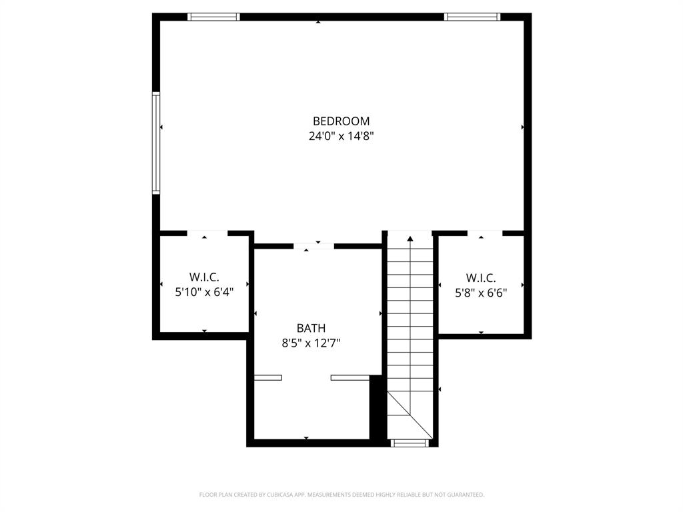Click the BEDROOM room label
point(341,121)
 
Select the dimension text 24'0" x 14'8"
point(341,137)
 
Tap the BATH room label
point(311,328)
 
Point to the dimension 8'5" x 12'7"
point(311,343)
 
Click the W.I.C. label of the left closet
point(204,277)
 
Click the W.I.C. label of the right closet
point(481,277)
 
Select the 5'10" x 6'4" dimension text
point(204,291)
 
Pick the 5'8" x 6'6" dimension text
point(481,292)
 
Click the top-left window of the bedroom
point(213,17)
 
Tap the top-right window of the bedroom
point(472,17)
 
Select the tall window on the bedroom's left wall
point(156,143)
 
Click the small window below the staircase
point(409,443)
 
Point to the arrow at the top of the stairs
point(410,237)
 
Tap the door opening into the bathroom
point(313,246)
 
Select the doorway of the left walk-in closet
point(207,233)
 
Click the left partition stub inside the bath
point(268,378)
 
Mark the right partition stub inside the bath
point(350,378)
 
